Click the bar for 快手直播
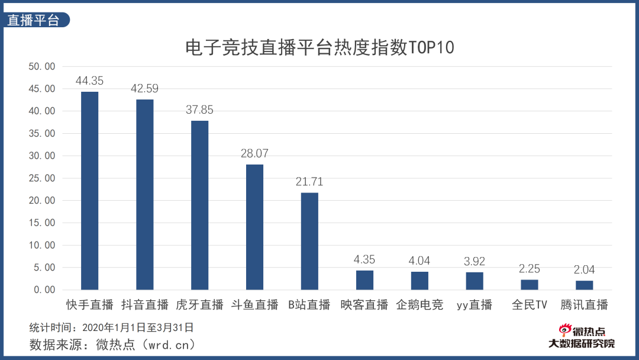tap(89, 191)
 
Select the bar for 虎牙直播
tap(199, 205)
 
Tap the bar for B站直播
tap(309, 241)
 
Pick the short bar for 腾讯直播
tap(584, 285)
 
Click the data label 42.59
tap(144, 89)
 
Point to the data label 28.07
tap(254, 153)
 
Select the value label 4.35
tap(364, 259)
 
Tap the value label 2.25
tap(529, 269)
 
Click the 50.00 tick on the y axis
tap(42, 66)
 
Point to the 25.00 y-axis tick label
tap(42, 178)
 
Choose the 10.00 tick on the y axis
tap(42, 245)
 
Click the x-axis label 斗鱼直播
tap(254, 305)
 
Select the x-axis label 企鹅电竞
tap(419, 305)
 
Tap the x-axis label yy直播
tap(474, 305)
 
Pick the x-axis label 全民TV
tap(529, 305)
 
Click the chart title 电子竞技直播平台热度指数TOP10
tap(319, 47)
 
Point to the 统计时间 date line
tap(111, 327)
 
